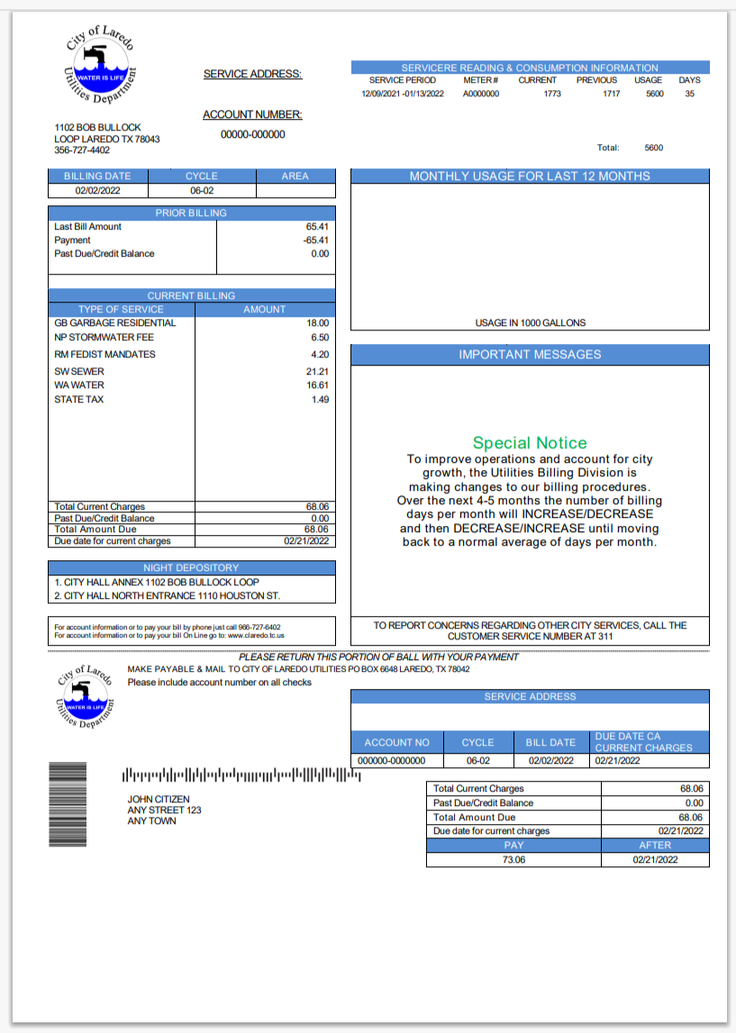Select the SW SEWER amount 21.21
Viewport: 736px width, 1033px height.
tap(317, 371)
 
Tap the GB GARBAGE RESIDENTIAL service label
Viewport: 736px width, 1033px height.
tap(115, 322)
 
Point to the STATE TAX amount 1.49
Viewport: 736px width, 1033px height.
tap(320, 399)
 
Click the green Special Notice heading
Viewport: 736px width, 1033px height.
tap(530, 442)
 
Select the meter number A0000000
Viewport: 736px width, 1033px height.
tap(480, 94)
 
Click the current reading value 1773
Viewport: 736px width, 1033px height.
tap(552, 94)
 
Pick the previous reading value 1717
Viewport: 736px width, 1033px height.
tap(611, 94)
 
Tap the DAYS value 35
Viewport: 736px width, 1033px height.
tap(689, 94)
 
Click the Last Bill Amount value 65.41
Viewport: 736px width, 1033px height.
tap(317, 227)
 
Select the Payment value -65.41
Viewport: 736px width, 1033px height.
tap(315, 240)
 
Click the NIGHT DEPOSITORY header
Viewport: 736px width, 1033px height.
tap(191, 567)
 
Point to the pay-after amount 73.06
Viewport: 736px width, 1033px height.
tap(513, 859)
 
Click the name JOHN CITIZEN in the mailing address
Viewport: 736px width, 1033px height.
tap(159, 799)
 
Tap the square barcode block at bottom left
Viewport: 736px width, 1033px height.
tap(67, 804)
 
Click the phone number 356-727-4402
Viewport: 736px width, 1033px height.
tap(82, 150)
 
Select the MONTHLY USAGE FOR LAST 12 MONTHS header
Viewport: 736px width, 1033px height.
tap(530, 177)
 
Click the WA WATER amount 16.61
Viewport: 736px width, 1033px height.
tap(317, 385)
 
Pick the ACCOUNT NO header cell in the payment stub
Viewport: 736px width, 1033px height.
tap(396, 742)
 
